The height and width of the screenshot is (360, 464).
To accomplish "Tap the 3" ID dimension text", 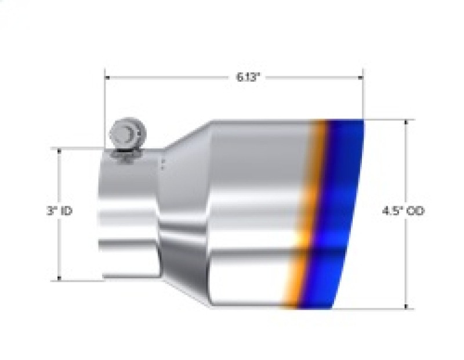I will click(60, 212).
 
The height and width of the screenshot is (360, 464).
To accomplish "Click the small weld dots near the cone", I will click(164, 164).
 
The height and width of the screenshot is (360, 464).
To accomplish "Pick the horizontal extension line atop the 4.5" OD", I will click(389, 120).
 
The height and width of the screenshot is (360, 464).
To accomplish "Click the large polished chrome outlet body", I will click(255, 214).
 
